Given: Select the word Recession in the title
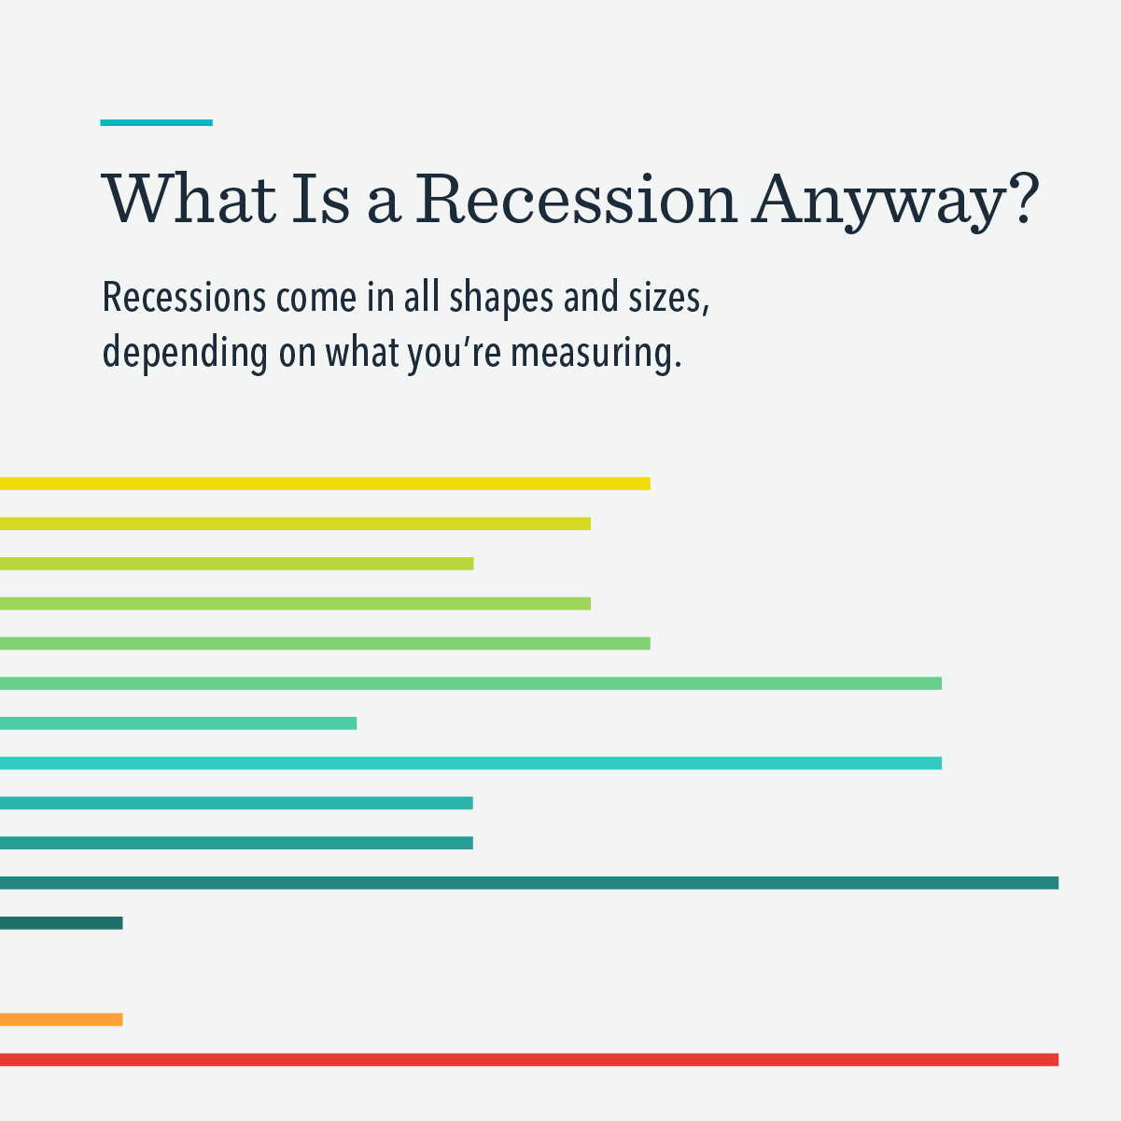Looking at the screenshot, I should [x=577, y=198].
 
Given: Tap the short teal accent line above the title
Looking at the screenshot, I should [x=156, y=122].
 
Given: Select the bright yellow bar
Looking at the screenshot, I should [x=324, y=483].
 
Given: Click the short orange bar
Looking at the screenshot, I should [x=61, y=1019].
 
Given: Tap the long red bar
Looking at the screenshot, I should [x=528, y=1059].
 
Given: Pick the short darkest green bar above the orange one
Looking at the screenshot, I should [x=61, y=923].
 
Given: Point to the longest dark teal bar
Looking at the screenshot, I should [x=528, y=883].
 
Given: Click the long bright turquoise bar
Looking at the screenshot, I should [x=470, y=764].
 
